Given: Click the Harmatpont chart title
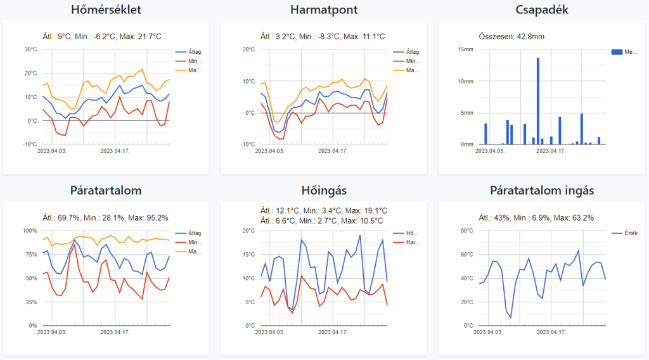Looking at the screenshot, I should click(323, 10).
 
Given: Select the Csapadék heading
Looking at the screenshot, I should click(541, 10).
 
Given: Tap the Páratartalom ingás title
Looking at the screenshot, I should click(541, 191).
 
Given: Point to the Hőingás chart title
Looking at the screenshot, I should click(323, 191).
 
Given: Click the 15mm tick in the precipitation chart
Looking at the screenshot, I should click(465, 49).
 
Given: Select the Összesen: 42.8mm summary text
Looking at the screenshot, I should click(511, 36).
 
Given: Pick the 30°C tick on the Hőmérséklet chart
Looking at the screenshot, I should click(30, 49).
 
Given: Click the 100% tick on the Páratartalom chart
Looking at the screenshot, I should click(30, 231).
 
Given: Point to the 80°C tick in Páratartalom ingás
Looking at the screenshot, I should click(465, 231).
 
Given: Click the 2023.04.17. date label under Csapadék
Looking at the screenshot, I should click(550, 151).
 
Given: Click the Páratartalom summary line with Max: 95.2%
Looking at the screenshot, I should click(105, 218).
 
